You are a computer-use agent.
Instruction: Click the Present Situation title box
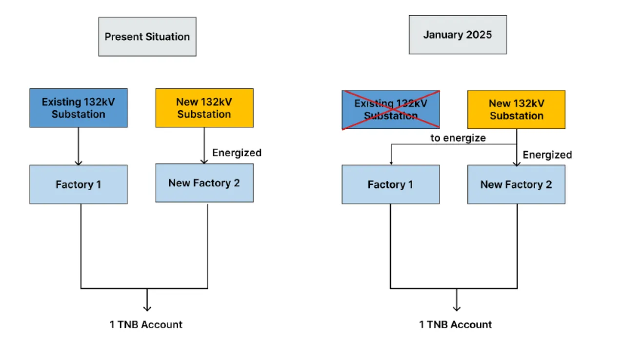point(147,37)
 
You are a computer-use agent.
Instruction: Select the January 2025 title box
point(458,35)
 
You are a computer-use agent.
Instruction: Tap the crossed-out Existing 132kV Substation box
point(391,109)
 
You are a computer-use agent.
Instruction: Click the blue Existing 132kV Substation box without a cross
point(79,108)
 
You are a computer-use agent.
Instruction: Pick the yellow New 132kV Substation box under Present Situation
point(204,108)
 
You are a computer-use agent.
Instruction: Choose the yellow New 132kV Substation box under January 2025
point(516,109)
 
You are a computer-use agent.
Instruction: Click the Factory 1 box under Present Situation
point(79,184)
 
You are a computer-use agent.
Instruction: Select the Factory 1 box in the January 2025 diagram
point(391,184)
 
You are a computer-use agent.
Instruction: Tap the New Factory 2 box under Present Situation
point(204,183)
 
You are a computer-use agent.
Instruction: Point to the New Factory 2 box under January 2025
point(516,184)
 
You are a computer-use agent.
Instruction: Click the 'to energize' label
point(458,138)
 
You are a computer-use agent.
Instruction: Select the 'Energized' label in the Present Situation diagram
point(237,153)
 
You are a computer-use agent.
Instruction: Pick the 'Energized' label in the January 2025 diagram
point(547,155)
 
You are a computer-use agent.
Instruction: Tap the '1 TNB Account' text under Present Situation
point(146,324)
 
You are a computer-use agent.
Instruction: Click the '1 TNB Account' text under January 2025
point(456,324)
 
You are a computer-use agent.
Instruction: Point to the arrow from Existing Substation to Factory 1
point(79,146)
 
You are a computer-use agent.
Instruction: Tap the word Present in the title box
point(123,37)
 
